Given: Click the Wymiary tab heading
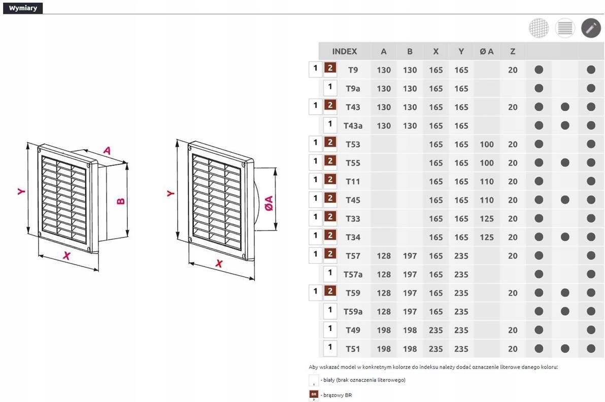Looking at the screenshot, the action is coord(23,8).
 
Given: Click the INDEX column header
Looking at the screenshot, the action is coord(345,51).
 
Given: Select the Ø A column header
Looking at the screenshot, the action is coord(487,51).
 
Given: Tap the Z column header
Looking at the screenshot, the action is coord(513,51).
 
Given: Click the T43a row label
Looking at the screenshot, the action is coord(353,126).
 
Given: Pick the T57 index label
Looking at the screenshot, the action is coord(353,256).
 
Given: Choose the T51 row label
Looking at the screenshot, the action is coord(353,349).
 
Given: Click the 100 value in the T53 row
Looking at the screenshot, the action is coord(487,144).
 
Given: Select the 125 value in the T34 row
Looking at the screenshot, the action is coord(487,237).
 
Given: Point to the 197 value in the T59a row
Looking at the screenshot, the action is coord(410,312).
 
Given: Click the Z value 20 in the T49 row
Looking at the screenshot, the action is coord(513,330).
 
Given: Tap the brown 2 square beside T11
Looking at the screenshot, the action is coord(330,179).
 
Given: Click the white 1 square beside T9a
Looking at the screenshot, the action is coord(330,87).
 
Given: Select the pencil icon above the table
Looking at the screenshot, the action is coord(591,28).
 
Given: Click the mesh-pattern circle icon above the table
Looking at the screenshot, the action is coord(539,28).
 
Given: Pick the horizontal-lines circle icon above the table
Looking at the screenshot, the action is coord(565,28).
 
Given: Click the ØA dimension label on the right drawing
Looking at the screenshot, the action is coord(269,204).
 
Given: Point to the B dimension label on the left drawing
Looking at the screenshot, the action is coord(120,201).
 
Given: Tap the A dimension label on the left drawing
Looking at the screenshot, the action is coord(107,150).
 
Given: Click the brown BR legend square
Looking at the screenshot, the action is coord(314,395).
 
